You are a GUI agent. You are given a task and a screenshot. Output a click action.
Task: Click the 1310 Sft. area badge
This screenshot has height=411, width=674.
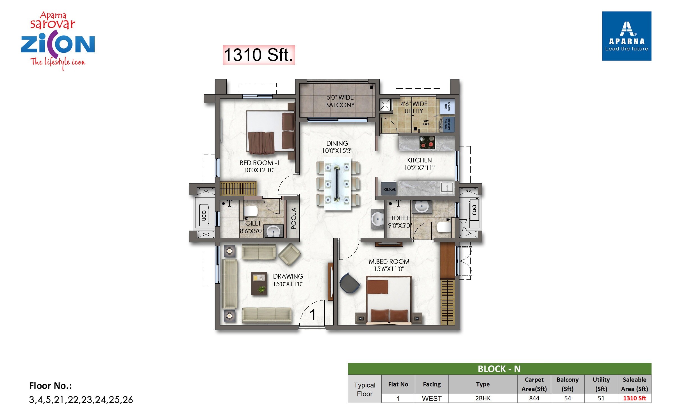[259, 55]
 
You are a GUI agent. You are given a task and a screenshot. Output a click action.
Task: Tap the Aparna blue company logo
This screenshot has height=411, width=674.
[627, 36]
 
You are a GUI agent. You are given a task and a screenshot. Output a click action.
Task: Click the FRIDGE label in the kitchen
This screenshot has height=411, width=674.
[389, 189]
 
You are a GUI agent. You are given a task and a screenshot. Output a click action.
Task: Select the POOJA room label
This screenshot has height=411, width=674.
[294, 219]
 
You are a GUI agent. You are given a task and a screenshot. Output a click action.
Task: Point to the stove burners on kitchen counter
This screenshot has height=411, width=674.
[427, 142]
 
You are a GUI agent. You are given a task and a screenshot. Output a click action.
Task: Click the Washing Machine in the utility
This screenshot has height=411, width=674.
[447, 124]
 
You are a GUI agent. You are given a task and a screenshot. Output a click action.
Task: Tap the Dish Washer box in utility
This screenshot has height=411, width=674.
[447, 107]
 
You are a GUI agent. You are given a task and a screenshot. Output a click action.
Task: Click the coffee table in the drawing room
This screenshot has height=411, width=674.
[259, 284]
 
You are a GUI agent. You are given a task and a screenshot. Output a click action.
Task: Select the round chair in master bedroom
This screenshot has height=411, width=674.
[349, 283]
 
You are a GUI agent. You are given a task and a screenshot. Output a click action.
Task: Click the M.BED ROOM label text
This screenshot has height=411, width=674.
[389, 261]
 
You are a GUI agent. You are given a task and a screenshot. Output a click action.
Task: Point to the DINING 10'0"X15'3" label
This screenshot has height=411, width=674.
[337, 147]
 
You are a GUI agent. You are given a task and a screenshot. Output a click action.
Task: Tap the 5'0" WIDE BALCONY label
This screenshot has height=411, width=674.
[340, 101]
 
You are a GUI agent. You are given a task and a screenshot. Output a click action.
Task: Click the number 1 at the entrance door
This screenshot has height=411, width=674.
[313, 314]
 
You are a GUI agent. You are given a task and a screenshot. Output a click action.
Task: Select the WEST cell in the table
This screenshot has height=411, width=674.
[432, 398]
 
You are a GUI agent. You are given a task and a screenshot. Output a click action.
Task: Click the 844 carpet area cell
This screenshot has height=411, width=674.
[534, 398]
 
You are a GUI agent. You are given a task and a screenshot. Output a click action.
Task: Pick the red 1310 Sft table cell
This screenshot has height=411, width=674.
[634, 398]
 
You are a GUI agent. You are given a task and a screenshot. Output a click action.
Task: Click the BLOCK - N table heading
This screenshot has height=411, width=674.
[499, 369]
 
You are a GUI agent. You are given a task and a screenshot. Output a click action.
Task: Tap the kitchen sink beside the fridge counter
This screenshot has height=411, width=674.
[447, 187]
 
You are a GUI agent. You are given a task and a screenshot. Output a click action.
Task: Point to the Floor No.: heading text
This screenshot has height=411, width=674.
[51, 386]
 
